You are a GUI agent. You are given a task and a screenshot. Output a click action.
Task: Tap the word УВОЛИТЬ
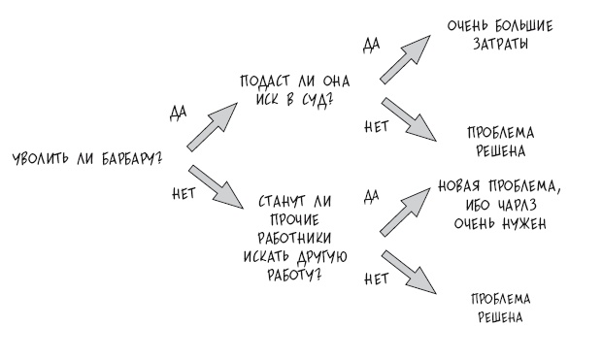click(x=41, y=158)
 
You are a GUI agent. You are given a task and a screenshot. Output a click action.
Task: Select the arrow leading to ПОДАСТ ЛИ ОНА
click(x=213, y=127)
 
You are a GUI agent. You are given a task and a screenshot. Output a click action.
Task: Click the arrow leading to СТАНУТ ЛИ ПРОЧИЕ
click(x=217, y=187)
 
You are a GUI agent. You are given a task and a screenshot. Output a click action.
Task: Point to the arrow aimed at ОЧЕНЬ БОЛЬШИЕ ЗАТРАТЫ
click(x=406, y=59)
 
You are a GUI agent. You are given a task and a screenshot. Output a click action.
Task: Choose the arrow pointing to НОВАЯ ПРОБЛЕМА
click(x=406, y=212)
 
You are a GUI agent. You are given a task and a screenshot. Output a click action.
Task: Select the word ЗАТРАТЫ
click(x=500, y=44)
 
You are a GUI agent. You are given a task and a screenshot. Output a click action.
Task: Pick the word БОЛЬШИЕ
click(x=523, y=25)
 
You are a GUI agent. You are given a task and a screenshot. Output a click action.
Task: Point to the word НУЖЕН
click(x=523, y=223)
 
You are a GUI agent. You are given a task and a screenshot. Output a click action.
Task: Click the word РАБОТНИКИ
click(x=294, y=238)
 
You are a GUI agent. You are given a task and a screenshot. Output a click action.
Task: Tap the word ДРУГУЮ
click(x=321, y=257)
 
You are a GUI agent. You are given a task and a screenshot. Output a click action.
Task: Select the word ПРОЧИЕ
click(x=295, y=220)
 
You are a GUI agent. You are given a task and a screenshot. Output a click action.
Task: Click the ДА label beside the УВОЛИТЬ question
click(x=178, y=113)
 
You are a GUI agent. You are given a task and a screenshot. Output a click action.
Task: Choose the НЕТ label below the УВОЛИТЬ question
click(x=184, y=193)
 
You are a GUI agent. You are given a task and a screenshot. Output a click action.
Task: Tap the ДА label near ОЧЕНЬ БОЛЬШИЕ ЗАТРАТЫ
click(x=371, y=45)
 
